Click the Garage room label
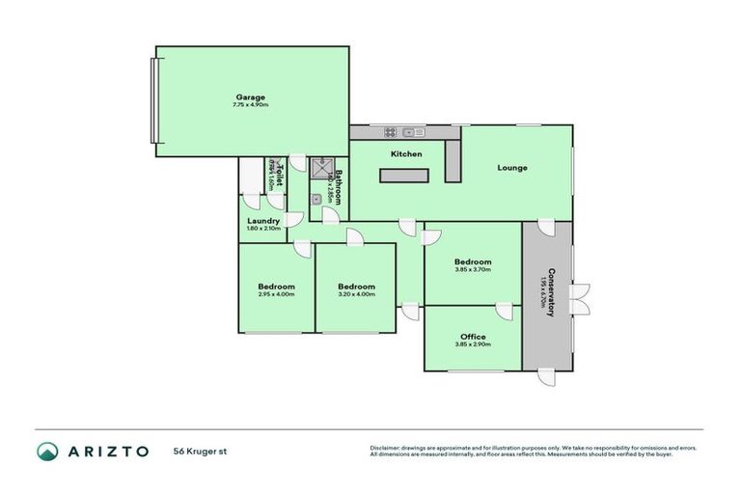coord(251,96)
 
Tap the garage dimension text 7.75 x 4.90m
coord(251,104)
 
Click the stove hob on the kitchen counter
coord(391,132)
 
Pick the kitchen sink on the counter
coord(414,132)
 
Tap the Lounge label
coord(511,168)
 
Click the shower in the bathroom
coord(319,167)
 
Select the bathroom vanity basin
coord(316,199)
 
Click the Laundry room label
coord(263,221)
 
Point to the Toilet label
coord(280,177)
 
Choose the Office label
coord(473,337)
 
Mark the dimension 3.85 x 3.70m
coord(473,270)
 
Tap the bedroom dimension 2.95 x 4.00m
coord(276,294)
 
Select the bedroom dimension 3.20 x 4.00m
coord(356,294)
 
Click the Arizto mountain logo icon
coord(47,451)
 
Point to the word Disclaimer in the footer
coord(386,448)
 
